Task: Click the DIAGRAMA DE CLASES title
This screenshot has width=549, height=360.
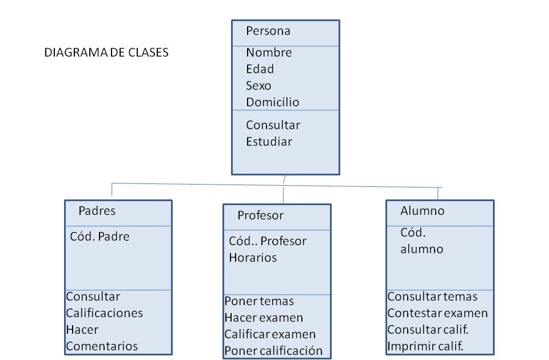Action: (106, 53)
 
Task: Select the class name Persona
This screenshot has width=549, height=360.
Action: (268, 31)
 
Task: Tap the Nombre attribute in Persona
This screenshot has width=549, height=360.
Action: (269, 53)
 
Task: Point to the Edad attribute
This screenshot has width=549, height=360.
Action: (260, 69)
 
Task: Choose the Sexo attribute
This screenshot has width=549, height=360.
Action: (258, 86)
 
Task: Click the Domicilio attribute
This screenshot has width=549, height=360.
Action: (273, 102)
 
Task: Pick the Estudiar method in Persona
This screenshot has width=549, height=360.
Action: (269, 141)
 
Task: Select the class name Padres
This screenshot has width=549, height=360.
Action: (97, 210)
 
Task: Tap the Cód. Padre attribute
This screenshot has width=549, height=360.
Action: (100, 236)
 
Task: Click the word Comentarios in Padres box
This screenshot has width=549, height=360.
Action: (102, 346)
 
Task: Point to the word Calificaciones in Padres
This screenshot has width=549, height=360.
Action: (104, 313)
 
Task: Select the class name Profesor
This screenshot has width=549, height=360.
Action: (260, 215)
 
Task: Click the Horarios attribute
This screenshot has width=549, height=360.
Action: (253, 258)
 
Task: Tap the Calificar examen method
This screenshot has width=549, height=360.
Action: (269, 334)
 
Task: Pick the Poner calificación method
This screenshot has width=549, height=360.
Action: (273, 350)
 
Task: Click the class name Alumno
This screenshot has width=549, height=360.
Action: (422, 210)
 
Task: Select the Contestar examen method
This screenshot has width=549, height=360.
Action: (437, 313)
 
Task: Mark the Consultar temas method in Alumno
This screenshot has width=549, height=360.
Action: (432, 297)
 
